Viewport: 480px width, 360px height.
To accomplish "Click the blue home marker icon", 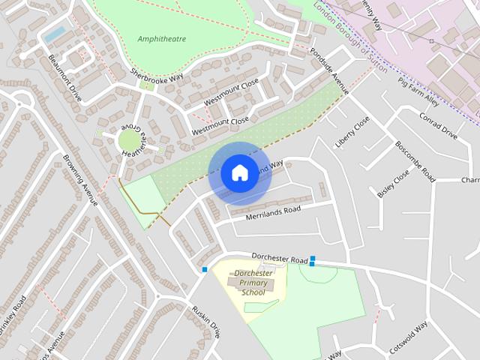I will pos(239,173).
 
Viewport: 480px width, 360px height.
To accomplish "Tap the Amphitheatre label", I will pos(162,38).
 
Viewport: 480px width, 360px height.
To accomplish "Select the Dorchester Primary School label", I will pos(253,283).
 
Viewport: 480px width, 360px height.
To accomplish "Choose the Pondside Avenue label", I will pos(330,71).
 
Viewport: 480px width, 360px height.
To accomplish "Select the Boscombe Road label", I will pos(415,162).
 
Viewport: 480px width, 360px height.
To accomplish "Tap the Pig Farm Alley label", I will pos(418,90).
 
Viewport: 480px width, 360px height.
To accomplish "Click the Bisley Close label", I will pos(394,182).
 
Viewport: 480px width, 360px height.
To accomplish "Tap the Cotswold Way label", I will pos(408,337).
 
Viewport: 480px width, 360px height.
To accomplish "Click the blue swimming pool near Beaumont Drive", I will pos(54,34).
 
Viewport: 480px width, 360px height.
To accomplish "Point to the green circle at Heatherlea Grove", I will pos(129,140).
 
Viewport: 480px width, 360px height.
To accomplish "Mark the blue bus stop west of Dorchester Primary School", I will pos(204,269).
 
